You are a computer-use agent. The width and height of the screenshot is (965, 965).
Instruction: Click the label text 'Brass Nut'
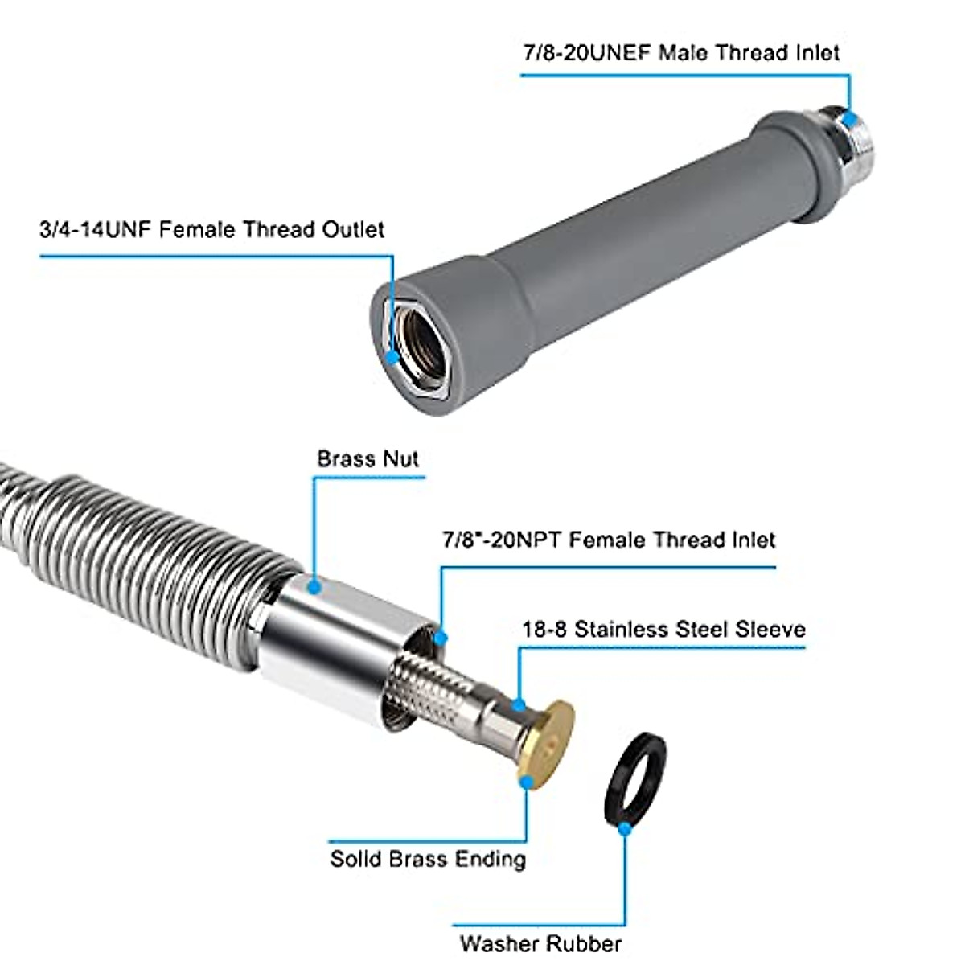[368, 459]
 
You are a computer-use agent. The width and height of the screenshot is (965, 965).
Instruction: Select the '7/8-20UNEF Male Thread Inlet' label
[681, 53]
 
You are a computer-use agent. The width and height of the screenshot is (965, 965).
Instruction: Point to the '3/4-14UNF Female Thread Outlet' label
[211, 230]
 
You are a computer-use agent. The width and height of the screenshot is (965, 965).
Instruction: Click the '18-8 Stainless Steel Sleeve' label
[663, 629]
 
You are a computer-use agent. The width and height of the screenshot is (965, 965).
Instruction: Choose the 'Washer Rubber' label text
[540, 942]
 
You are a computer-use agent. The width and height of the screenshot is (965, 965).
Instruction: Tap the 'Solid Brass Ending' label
[428, 859]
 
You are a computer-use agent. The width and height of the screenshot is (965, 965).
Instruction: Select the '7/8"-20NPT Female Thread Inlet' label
[609, 540]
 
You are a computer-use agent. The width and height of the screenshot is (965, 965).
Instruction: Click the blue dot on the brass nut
[314, 586]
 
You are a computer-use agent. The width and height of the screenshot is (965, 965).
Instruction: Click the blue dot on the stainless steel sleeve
[520, 705]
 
